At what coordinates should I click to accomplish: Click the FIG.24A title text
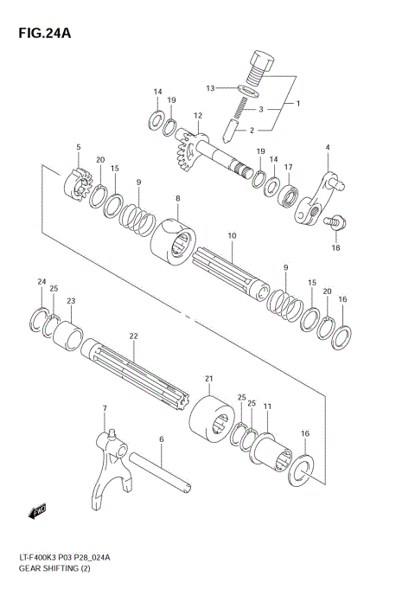40,34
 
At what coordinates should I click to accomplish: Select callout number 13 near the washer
210,88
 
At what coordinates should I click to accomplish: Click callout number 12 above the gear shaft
198,115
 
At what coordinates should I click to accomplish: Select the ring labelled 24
41,319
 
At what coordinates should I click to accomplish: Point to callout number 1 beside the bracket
297,104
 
